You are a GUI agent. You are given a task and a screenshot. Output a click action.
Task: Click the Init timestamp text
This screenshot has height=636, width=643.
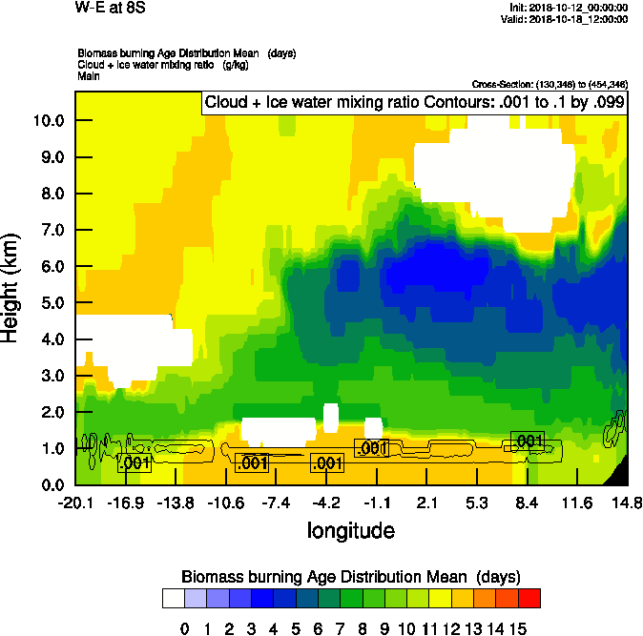[x=569, y=7]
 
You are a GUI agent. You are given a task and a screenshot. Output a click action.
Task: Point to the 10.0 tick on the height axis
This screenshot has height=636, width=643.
[x=46, y=121]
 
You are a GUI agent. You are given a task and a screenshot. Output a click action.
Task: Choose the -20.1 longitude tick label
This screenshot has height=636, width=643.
[x=75, y=503]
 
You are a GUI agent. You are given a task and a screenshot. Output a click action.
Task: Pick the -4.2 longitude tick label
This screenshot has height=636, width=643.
[x=326, y=503]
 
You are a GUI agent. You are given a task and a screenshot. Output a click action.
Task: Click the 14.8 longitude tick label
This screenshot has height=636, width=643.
[x=627, y=503]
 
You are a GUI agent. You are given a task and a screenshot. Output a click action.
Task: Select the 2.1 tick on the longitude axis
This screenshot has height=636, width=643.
[x=426, y=503]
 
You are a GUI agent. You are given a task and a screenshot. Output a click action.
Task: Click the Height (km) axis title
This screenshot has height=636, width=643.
[x=11, y=288]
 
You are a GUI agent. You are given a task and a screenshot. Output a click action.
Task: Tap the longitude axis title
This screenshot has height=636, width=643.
[x=350, y=530]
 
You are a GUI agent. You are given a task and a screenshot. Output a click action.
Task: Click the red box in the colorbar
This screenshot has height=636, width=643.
[x=529, y=598]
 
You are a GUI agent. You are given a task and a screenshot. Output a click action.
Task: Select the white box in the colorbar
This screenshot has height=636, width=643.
[x=173, y=598]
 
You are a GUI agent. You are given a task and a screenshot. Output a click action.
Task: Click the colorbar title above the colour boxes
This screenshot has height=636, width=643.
[x=350, y=577]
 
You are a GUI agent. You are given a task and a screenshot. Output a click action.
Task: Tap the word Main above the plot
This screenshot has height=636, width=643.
[x=89, y=75]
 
